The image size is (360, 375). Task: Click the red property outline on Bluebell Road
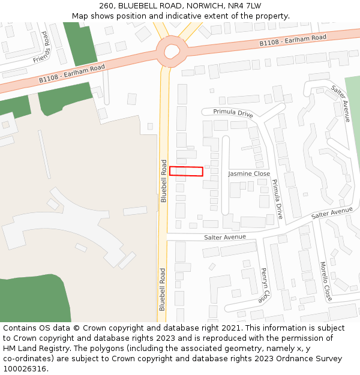186,171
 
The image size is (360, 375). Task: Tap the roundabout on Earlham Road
172,51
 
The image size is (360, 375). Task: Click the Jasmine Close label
249,173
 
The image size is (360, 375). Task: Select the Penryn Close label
265,284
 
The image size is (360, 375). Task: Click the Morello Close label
325,281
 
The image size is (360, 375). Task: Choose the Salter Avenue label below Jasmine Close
225,237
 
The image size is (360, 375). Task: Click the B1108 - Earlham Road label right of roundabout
293,41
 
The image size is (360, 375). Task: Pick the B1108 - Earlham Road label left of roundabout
72,73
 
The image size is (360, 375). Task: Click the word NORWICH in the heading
204,5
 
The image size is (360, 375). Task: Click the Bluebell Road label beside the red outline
163,180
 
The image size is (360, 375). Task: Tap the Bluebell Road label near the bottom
163,289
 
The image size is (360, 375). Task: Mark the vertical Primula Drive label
277,198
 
